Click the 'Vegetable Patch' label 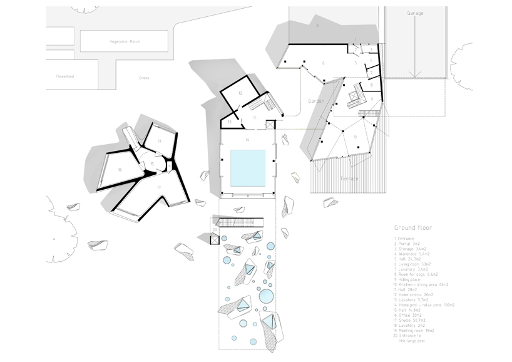click(125, 41)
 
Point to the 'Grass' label click(145, 78)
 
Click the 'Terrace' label click(350, 178)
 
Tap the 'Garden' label click(317, 100)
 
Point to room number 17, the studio click(159, 188)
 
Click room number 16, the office click(119, 170)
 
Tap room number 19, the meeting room click(160, 142)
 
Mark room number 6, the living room click(323, 63)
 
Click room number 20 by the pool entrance click(215, 230)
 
